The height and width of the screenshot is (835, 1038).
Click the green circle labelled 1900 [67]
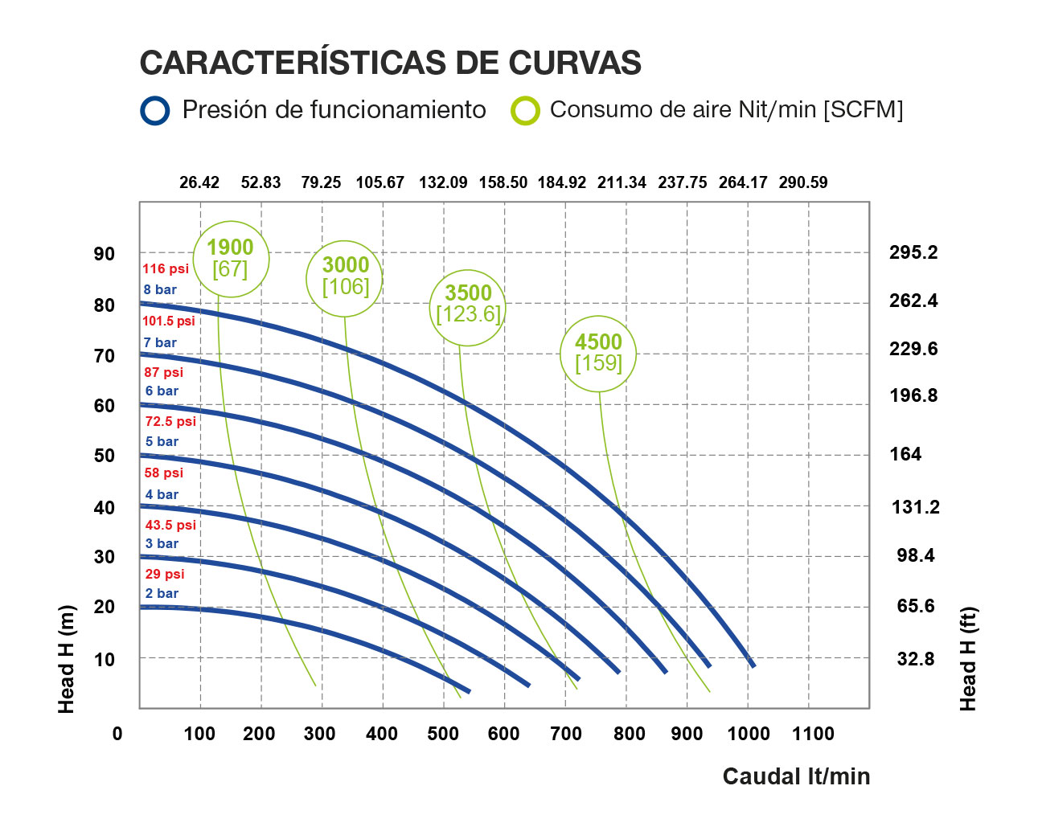point(231,259)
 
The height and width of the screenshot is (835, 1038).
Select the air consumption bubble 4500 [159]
point(598,353)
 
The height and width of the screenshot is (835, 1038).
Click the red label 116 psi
point(166,269)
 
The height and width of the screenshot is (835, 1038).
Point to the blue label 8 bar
point(160,290)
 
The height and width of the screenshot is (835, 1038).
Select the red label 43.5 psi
point(170,525)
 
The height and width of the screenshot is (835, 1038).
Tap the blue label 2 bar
point(162,594)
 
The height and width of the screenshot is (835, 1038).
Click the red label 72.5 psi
point(170,421)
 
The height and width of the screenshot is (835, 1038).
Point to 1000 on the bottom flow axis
point(749,734)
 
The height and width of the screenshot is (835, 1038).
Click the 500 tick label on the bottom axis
point(443,734)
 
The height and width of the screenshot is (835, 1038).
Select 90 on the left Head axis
point(105,254)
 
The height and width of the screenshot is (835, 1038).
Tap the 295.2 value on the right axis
point(913,252)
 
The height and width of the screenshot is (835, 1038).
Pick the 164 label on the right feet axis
point(905,454)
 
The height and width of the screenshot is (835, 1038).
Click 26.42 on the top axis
point(199,182)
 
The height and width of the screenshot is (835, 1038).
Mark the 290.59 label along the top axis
point(803,182)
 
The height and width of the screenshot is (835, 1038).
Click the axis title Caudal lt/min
point(796,776)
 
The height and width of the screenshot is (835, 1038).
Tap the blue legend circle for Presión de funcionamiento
point(155,111)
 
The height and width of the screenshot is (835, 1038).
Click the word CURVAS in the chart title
point(575,63)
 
